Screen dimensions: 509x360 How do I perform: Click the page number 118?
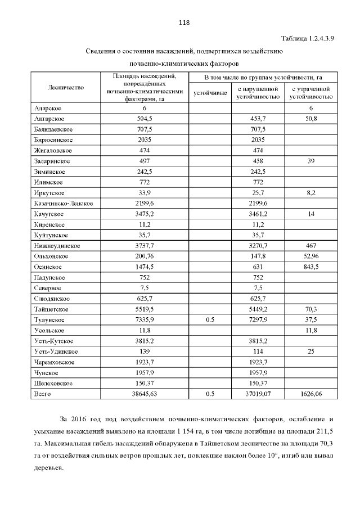(184, 23)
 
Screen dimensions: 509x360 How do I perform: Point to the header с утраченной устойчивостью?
(311, 92)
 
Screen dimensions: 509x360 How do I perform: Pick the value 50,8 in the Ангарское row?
(311, 119)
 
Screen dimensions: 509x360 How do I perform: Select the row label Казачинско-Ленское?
(63, 203)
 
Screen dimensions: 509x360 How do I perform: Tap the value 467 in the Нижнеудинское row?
(311, 246)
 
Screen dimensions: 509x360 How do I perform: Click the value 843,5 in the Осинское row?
(311, 267)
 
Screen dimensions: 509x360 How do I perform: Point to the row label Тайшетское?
(51, 309)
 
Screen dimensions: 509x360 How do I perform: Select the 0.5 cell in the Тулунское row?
(210, 319)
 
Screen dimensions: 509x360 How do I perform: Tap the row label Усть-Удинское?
(55, 352)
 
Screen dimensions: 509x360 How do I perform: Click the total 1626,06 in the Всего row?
(311, 394)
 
